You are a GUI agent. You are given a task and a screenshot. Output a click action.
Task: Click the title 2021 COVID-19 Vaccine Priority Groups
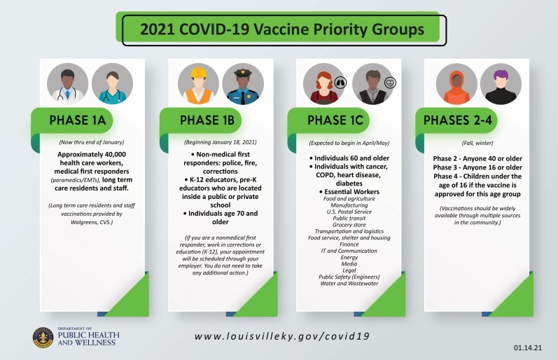pyautogui.click(x=282, y=30)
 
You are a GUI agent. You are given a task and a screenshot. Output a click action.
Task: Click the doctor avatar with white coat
pyautogui.click(x=68, y=83)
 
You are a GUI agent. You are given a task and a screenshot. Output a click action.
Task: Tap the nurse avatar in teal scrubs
pyautogui.click(x=111, y=83)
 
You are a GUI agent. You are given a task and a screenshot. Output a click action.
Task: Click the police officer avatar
pyautogui.click(x=242, y=83)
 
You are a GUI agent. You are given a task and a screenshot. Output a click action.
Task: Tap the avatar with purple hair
pyautogui.click(x=501, y=83)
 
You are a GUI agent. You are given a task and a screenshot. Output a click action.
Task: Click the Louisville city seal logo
pyautogui.click(x=43, y=337)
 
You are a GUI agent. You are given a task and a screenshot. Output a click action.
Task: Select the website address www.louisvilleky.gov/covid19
pyautogui.click(x=281, y=336)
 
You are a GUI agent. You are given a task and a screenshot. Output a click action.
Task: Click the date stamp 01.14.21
pyautogui.click(x=525, y=347)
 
